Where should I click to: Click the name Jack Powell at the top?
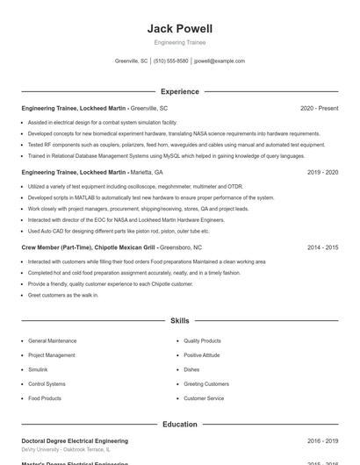179,28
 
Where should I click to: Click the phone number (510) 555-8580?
171,61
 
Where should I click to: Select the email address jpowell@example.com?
220,61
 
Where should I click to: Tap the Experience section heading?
179,91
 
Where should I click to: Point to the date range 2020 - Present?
319,108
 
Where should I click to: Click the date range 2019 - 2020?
322,173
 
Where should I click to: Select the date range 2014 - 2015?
322,248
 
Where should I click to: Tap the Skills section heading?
179,321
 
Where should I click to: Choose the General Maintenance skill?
52,340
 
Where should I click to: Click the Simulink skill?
40,369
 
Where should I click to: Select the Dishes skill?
191,369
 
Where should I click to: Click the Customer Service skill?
204,398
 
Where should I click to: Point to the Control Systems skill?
47,384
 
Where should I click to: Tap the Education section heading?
179,425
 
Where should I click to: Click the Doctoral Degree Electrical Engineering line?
75,441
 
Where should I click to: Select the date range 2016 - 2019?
322,441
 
